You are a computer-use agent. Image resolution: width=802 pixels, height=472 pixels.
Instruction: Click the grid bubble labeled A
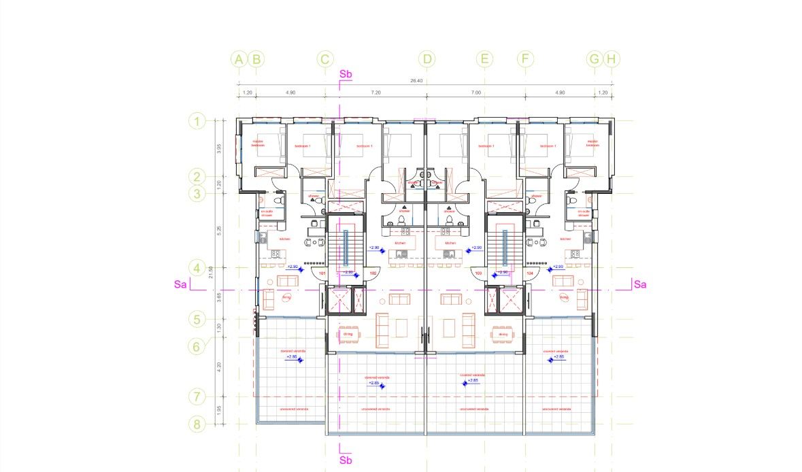238,59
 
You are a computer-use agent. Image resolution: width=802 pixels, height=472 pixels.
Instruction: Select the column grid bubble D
427,59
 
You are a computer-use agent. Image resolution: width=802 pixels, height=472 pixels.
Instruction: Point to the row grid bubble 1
197,122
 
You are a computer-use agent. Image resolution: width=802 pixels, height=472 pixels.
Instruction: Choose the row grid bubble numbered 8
197,424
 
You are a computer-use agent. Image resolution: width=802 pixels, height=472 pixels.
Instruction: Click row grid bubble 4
197,268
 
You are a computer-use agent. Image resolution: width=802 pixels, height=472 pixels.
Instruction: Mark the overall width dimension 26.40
416,81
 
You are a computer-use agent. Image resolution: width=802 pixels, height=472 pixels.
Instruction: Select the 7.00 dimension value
475,92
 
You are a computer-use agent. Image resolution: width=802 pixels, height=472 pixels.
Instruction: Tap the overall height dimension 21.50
212,272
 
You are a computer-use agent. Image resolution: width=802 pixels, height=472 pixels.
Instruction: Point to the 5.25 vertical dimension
218,230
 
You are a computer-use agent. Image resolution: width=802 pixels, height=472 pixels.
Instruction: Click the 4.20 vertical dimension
218,365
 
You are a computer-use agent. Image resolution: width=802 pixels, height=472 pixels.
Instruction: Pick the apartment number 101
322,273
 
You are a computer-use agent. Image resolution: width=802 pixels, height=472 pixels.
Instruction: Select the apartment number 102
373,273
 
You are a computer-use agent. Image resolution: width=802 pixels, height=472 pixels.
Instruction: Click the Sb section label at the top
346,73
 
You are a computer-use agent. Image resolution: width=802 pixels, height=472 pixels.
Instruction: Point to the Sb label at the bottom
346,460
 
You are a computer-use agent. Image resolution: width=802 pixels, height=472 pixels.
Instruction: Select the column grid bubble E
484,59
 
